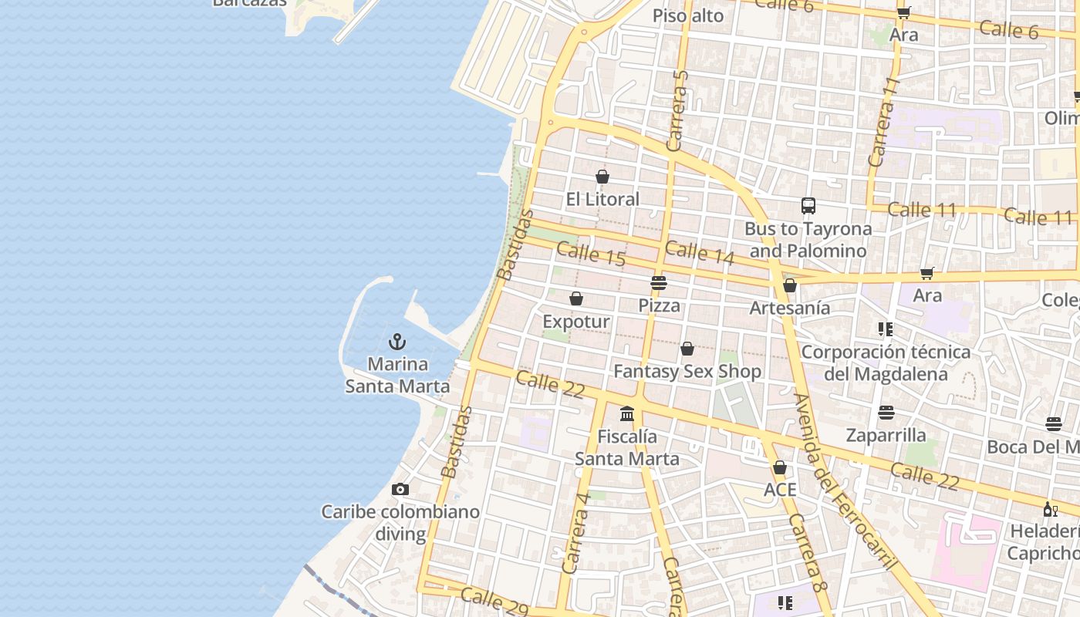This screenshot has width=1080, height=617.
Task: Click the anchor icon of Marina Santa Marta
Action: click(x=397, y=341)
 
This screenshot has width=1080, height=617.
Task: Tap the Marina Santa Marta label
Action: click(x=397, y=375)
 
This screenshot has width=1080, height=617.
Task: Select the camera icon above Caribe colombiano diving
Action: click(x=400, y=489)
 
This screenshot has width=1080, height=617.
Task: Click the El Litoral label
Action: click(x=602, y=199)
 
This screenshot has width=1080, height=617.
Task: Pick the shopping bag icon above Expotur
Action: click(x=576, y=298)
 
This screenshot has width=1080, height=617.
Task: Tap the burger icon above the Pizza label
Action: click(x=658, y=283)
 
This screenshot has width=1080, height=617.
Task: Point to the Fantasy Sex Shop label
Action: click(x=687, y=371)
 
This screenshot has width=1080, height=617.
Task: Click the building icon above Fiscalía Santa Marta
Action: click(x=627, y=414)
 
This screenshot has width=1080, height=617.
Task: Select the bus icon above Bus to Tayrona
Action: click(x=808, y=206)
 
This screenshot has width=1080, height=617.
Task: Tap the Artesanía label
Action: click(x=790, y=308)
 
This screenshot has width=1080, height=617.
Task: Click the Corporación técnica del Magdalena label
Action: click(x=886, y=362)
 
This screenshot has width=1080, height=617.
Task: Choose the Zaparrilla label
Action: click(x=886, y=435)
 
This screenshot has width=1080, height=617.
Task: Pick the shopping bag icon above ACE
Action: click(x=780, y=468)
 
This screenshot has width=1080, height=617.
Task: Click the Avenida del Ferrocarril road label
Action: click(x=845, y=482)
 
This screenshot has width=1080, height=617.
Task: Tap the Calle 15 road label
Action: click(x=590, y=254)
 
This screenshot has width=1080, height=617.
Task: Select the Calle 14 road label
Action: click(x=699, y=253)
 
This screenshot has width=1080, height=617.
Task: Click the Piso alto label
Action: click(x=688, y=15)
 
